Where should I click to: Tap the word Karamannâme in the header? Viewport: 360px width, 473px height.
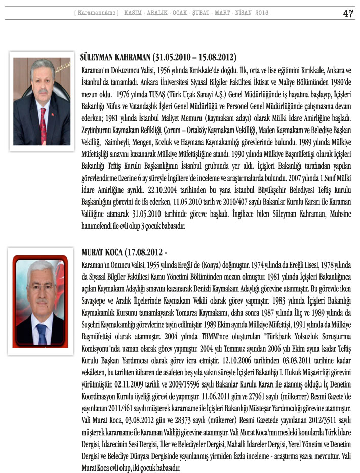[96, 12]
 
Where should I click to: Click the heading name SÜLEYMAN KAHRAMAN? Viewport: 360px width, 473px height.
[116, 57]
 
